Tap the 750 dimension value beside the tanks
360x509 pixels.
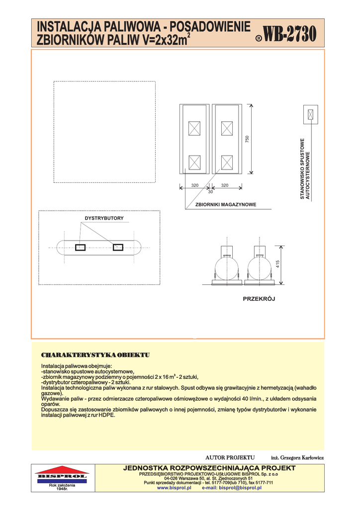pos(247,140)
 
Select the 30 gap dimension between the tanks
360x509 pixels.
pos(210,192)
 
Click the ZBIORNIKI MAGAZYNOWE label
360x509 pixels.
pos(225,204)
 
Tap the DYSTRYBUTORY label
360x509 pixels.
pos(104,218)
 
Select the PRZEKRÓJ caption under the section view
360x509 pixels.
pos(259,299)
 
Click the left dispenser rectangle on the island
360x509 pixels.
pos(81,248)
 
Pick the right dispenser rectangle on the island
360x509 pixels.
pos(118,248)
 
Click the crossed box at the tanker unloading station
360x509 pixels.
pos(311,115)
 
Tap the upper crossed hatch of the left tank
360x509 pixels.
pos(194,128)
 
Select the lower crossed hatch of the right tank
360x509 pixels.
pos(227,162)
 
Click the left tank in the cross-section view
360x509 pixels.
pos(227,269)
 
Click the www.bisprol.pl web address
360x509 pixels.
pos(174,488)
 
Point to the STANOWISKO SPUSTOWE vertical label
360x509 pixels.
pos(302,169)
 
